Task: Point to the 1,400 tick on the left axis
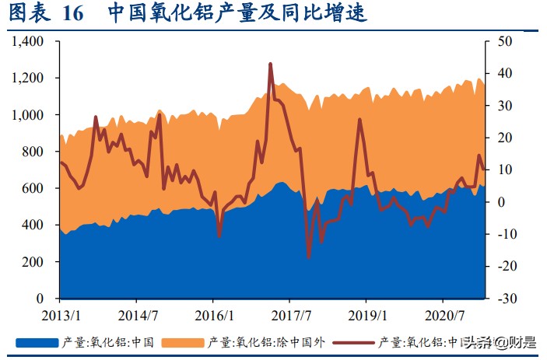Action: [x=28, y=41]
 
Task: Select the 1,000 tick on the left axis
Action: [x=28, y=115]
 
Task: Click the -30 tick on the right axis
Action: [x=505, y=299]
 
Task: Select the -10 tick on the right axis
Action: [x=505, y=234]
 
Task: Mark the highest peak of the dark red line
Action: [x=270, y=64]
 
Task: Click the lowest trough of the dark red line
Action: [x=309, y=257]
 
